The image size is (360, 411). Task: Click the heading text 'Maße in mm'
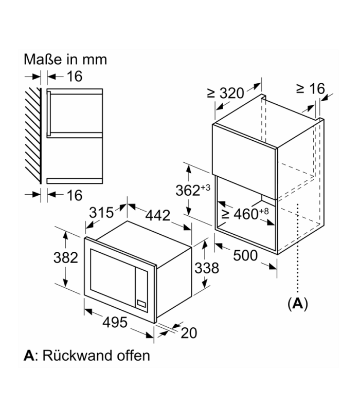coord(65,59)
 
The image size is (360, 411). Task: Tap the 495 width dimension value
coord(115,322)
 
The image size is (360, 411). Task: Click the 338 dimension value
coord(207,268)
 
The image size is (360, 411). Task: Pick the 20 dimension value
coord(189,332)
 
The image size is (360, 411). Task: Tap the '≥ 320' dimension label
coord(225,94)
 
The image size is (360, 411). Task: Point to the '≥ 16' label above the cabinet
coord(311,89)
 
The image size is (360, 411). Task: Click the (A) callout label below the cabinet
coord(297,304)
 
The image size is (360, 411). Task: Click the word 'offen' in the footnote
coord(131,355)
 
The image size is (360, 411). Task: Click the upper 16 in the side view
coord(74,77)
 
